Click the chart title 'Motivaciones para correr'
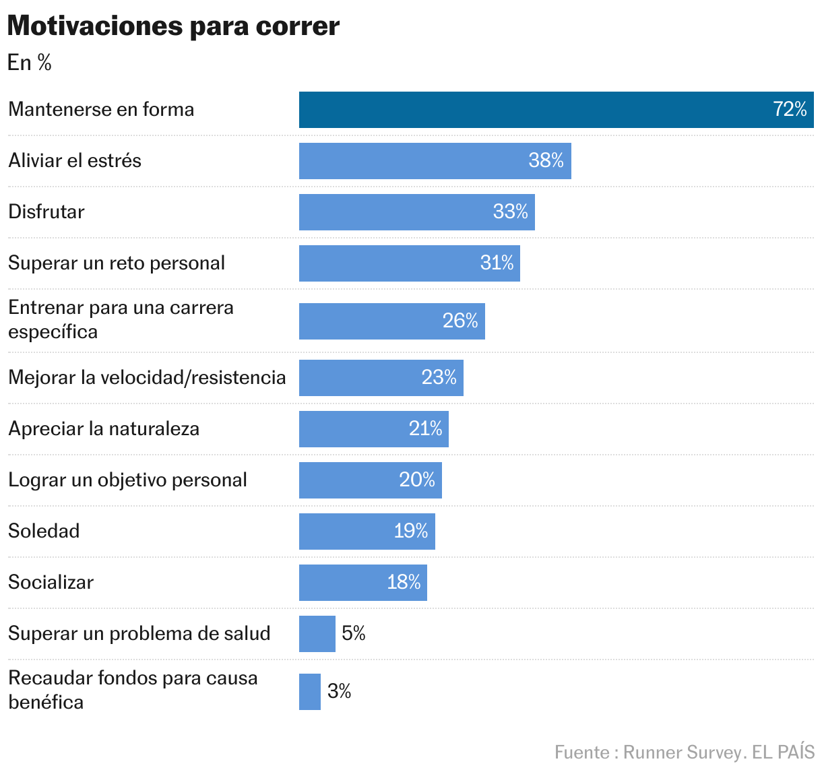pos(173,26)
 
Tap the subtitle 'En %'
pos(29,63)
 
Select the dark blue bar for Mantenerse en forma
pos(526,110)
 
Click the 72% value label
pos(790,109)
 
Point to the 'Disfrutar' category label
pos(46,212)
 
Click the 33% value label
pos(510,212)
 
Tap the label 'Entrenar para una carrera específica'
pos(121,319)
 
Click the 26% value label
pos(460,321)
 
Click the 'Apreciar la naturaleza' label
pos(104,428)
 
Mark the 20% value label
pos(417,480)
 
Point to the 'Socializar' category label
pos(51,582)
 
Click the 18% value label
pos(404,582)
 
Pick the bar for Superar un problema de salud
pos(317,634)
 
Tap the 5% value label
pos(353,633)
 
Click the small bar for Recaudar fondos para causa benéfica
pos(309,692)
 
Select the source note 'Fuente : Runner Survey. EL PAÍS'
pos(684,752)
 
